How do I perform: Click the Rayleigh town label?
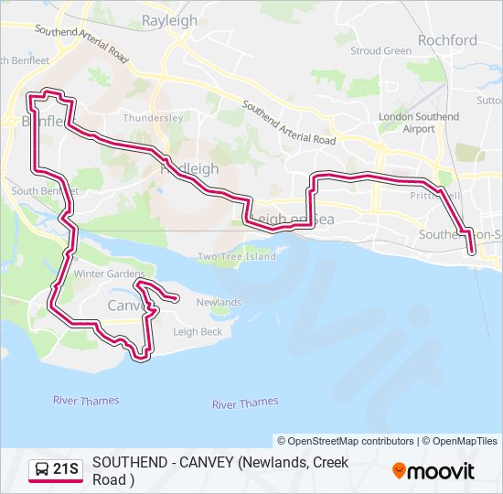tap(169, 18)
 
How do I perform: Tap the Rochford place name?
tap(447, 40)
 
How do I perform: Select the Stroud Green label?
tap(381, 51)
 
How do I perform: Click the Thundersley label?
tap(154, 118)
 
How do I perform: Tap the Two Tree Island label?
tap(236, 256)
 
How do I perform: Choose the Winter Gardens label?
tap(110, 274)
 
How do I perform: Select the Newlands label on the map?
tap(218, 302)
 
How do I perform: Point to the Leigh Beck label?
tap(198, 332)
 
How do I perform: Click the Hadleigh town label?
tap(189, 169)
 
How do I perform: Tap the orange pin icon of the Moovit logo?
tap(399, 470)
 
